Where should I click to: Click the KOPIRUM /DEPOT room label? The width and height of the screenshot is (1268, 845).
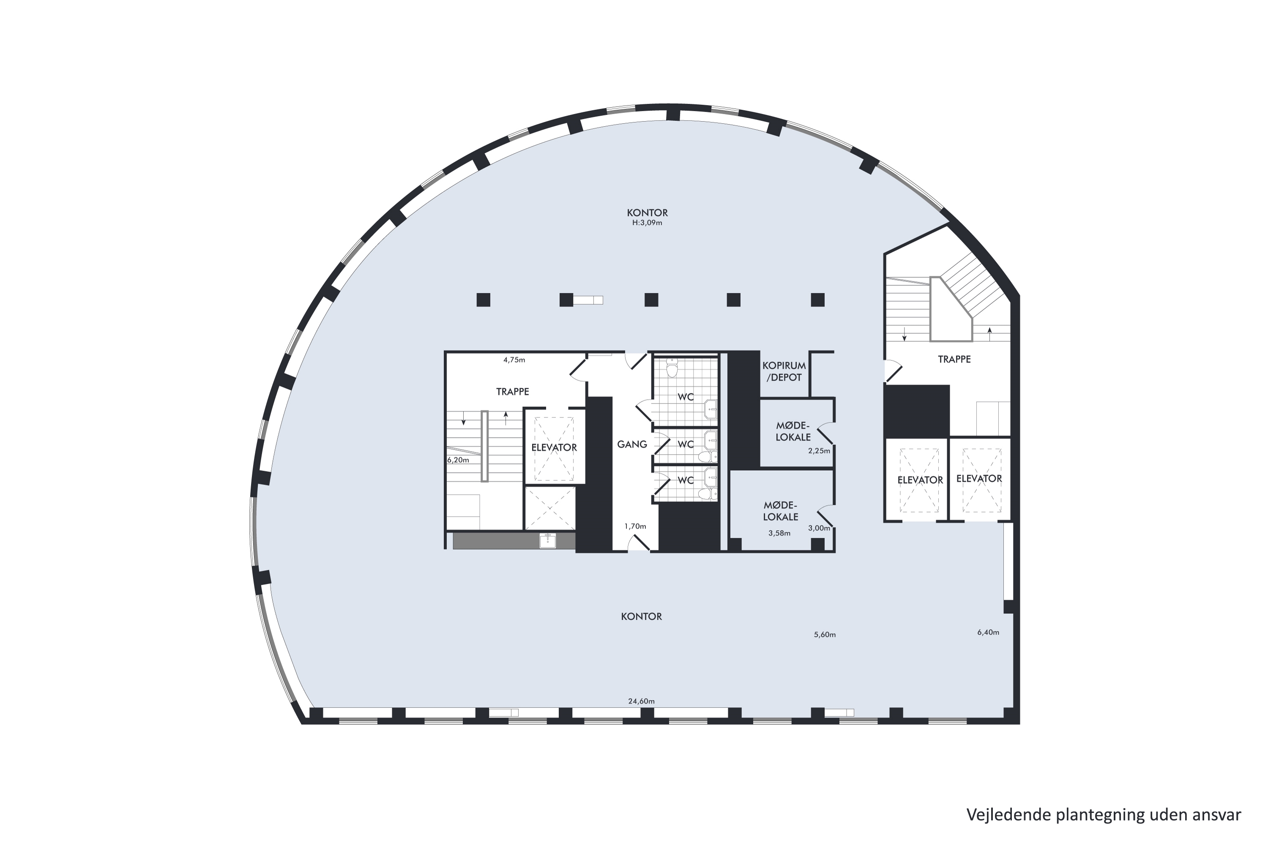click(x=784, y=371)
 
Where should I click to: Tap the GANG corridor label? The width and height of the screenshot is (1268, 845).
click(x=632, y=444)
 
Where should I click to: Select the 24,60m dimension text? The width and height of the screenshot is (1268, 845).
click(x=641, y=701)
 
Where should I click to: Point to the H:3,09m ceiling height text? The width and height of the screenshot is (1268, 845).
click(x=647, y=223)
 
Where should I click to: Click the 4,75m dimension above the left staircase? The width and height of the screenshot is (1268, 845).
click(x=514, y=360)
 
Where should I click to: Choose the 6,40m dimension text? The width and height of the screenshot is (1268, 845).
click(x=988, y=632)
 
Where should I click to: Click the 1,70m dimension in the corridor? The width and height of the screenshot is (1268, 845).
click(x=635, y=526)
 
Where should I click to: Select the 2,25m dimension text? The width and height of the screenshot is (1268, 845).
click(x=819, y=450)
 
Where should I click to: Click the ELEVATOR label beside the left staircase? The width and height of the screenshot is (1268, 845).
click(x=554, y=447)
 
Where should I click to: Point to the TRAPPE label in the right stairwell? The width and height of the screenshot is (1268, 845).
click(x=954, y=359)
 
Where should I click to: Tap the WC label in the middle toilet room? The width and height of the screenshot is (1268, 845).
click(x=686, y=444)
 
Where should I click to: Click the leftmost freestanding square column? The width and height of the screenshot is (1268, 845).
click(x=483, y=300)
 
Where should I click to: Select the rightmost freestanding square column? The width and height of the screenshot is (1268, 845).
click(x=817, y=300)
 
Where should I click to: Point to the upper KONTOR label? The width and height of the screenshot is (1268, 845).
click(x=647, y=213)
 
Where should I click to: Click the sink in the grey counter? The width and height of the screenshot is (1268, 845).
click(x=548, y=540)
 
